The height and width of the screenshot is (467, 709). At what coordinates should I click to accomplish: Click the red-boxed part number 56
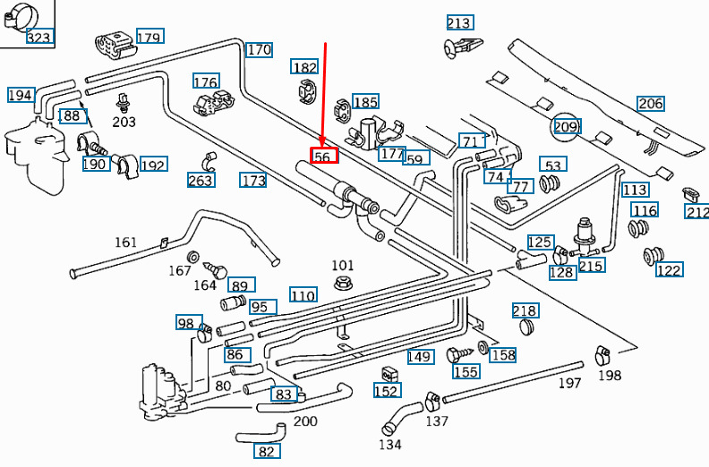323,157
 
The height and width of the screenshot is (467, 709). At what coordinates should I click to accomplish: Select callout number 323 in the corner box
39,37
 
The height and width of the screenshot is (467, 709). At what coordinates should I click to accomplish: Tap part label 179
149,38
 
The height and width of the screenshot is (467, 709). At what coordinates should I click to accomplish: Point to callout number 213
459,22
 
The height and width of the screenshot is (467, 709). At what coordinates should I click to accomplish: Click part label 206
651,103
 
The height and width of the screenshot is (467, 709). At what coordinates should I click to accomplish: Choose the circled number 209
566,126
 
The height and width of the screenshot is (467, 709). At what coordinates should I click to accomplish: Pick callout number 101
343,266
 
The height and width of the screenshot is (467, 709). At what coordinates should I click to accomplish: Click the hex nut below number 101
341,284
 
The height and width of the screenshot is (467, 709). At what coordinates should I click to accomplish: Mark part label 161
126,242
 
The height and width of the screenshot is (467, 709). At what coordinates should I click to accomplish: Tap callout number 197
570,383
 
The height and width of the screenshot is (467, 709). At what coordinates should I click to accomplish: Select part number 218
525,310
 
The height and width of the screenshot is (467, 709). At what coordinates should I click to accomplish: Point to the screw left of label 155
454,354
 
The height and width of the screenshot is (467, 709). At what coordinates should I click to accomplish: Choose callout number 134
390,444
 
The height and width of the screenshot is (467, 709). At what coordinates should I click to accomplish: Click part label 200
305,420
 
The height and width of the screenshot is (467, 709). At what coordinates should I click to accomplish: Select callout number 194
21,95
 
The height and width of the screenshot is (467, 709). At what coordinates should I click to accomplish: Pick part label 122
669,269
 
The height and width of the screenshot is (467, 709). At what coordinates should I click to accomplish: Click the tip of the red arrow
323,146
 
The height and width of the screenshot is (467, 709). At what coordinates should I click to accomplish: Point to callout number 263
201,180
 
